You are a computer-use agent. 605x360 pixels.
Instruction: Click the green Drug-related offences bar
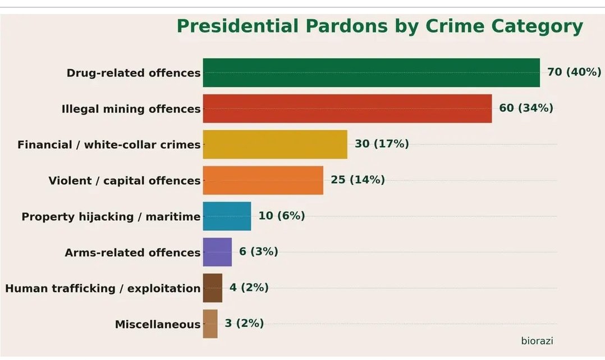pos(371,72)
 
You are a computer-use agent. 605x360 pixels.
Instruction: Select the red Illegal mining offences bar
pos(347,108)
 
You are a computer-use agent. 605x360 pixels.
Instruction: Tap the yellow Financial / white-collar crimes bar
pos(275,144)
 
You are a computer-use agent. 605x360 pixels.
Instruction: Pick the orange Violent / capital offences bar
pos(263,180)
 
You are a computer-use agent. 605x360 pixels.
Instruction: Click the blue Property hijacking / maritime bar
pos(227,216)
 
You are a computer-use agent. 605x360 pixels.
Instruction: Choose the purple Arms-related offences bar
pos(217,252)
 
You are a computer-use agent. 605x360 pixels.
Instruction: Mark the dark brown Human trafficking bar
pos(213,288)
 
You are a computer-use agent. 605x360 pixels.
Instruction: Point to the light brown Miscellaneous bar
pos(210,324)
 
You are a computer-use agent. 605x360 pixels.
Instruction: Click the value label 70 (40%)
pos(574,72)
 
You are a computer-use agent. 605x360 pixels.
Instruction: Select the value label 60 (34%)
pos(526,108)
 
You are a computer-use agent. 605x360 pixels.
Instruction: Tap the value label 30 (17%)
pos(382,144)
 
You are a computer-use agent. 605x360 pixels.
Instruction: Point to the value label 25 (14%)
pos(357,180)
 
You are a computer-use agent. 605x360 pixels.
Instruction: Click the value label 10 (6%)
pos(282,216)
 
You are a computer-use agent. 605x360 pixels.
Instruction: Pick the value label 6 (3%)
pos(258,252)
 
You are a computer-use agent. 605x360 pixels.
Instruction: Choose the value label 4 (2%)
pos(249,288)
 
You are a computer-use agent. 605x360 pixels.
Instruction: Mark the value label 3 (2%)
pos(244,323)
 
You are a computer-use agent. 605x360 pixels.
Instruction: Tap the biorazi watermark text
pos(537,340)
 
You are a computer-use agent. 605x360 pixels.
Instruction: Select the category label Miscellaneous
pos(157,325)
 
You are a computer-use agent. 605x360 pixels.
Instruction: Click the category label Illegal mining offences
pos(131,109)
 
